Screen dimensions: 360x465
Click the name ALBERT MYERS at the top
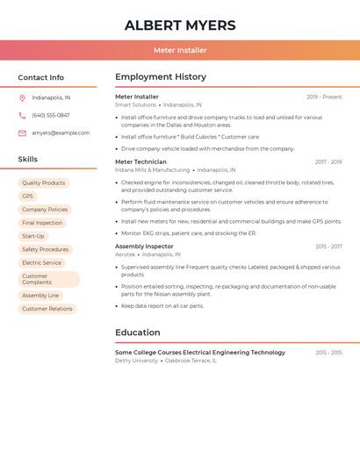(x=180, y=25)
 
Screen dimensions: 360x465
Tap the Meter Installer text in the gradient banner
(x=180, y=50)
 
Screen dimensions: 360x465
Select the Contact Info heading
(x=41, y=77)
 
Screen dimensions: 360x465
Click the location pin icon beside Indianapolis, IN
(x=22, y=97)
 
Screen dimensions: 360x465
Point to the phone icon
(x=22, y=115)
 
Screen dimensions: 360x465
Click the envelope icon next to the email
(x=22, y=133)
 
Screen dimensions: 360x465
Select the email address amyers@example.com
(x=61, y=133)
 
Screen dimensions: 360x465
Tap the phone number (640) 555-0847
(x=51, y=115)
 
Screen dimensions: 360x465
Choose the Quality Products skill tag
(x=44, y=183)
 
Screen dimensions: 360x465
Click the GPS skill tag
(x=27, y=197)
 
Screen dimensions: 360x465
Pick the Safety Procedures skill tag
(x=46, y=249)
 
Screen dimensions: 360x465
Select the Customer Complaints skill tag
(x=48, y=279)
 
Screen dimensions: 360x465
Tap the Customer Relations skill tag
(x=47, y=309)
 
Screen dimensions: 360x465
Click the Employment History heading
(x=161, y=77)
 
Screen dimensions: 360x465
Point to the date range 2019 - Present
(x=324, y=97)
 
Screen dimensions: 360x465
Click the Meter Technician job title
(x=140, y=162)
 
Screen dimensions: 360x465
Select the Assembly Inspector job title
(x=144, y=247)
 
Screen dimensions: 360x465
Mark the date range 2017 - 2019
(x=328, y=162)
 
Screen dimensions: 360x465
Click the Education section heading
(x=138, y=333)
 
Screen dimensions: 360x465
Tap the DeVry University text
(x=136, y=361)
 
